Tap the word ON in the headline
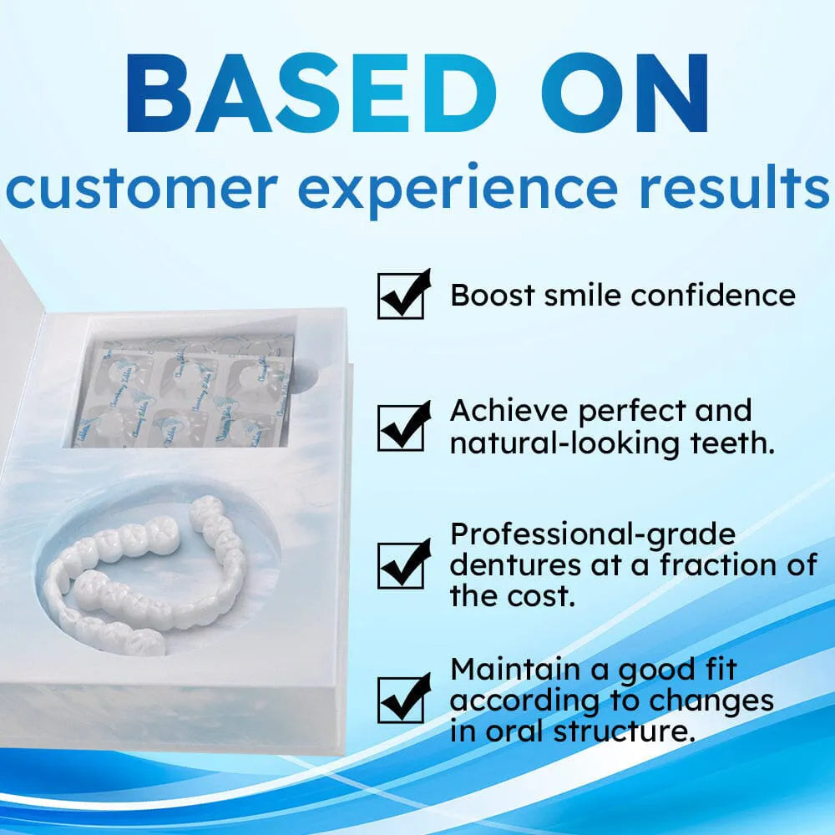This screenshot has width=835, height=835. [615, 94]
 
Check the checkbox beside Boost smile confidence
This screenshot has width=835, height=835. [402, 296]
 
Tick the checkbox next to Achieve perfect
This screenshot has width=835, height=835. [402, 427]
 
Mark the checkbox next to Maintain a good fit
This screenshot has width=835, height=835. [402, 698]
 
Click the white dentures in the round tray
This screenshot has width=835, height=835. [150, 576]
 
